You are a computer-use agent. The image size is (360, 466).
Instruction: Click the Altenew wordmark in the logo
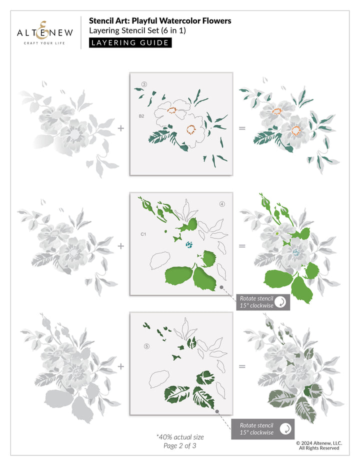click(x=44, y=33)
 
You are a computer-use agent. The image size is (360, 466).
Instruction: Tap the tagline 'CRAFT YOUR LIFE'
click(x=44, y=43)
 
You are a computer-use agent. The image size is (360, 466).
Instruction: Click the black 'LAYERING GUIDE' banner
click(x=130, y=42)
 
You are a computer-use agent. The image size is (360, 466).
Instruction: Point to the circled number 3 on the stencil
click(x=144, y=83)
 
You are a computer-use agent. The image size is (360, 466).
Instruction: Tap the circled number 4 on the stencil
click(x=221, y=204)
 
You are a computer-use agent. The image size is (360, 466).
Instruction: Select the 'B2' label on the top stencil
click(x=141, y=116)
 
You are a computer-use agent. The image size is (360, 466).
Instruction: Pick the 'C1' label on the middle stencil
click(x=143, y=234)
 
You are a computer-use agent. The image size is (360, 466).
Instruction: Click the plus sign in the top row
click(x=120, y=128)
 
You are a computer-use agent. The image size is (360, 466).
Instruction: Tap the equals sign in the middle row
click(x=242, y=246)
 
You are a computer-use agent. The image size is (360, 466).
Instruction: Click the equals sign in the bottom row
click(x=242, y=366)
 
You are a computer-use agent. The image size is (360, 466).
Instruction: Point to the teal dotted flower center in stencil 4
click(x=189, y=244)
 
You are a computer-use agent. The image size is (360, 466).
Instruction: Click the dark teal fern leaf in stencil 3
click(x=159, y=136)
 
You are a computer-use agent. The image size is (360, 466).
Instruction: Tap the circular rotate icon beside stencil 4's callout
click(x=282, y=302)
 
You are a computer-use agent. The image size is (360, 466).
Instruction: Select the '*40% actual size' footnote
click(x=180, y=437)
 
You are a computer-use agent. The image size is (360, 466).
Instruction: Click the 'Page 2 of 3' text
click(x=180, y=445)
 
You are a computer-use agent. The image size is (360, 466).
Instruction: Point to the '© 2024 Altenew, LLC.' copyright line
click(x=318, y=442)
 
